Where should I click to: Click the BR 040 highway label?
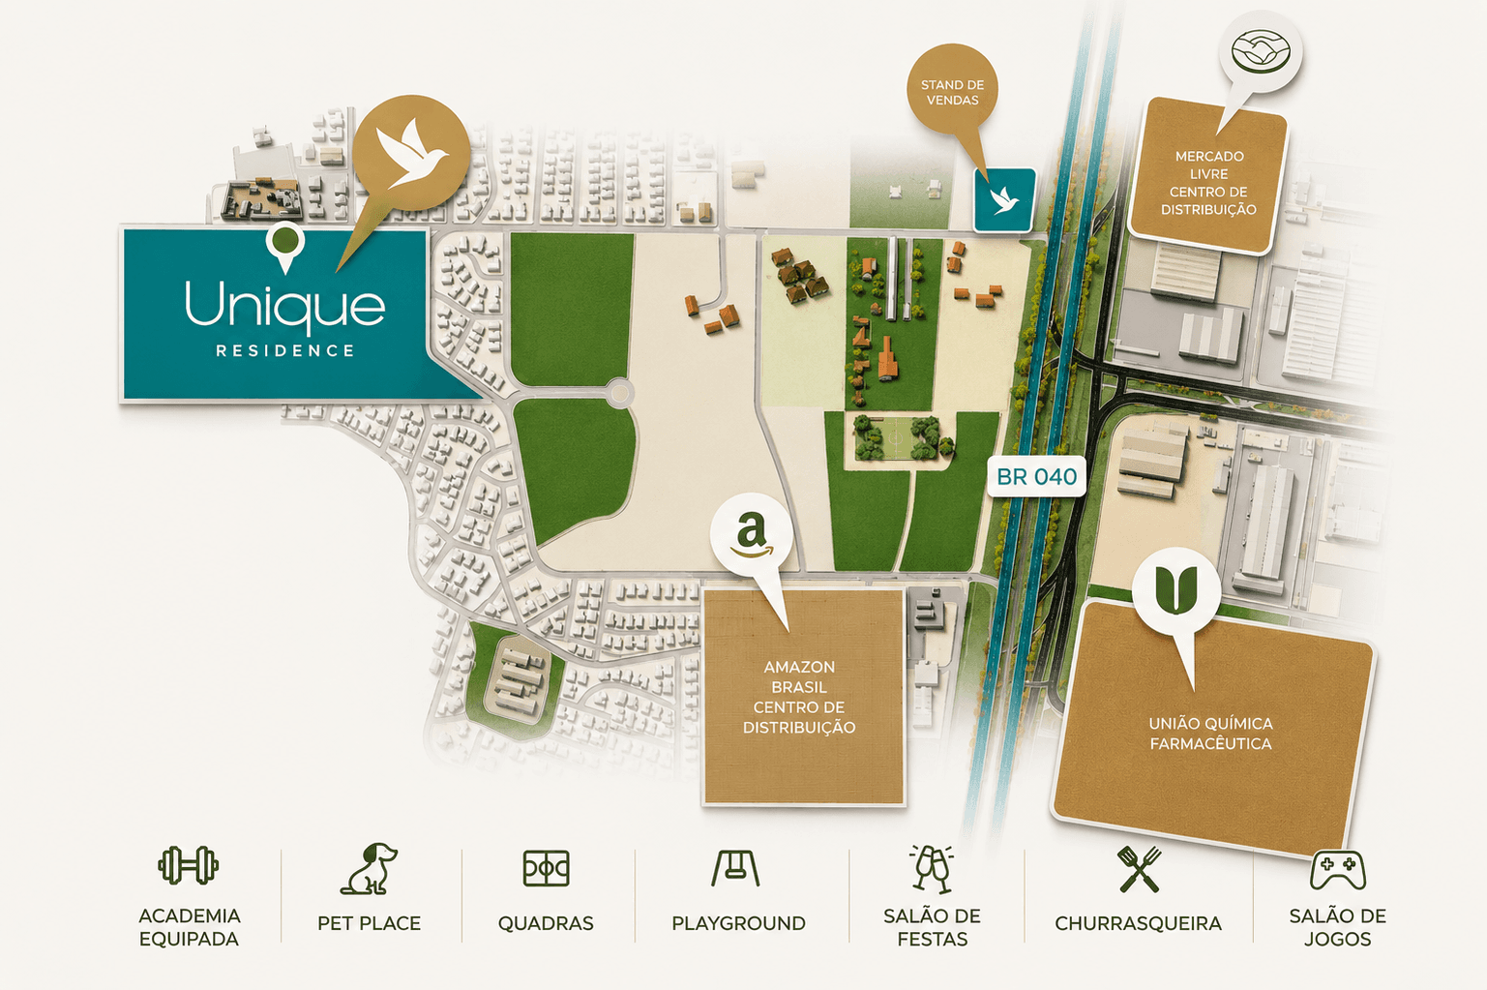coord(1036,476)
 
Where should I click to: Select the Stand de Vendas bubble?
coord(952,92)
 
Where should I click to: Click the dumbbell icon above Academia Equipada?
coord(189,865)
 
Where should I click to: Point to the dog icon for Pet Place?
coord(370,868)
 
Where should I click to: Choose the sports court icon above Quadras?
coord(546,868)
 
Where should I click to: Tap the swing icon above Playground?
coord(735,868)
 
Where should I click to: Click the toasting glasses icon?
coord(932,868)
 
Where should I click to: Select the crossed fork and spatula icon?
coord(1139,868)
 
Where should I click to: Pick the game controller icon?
coord(1338,870)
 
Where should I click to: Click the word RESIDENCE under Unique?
coord(285,350)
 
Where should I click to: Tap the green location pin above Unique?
coord(285,247)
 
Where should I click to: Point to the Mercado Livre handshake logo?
coord(1260,50)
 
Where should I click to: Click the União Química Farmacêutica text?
coord(1211,733)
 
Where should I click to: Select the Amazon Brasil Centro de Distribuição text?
coord(799,697)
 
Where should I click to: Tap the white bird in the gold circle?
coord(411,153)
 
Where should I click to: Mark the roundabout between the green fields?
coord(620,393)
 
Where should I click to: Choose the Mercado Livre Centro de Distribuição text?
coord(1208,183)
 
